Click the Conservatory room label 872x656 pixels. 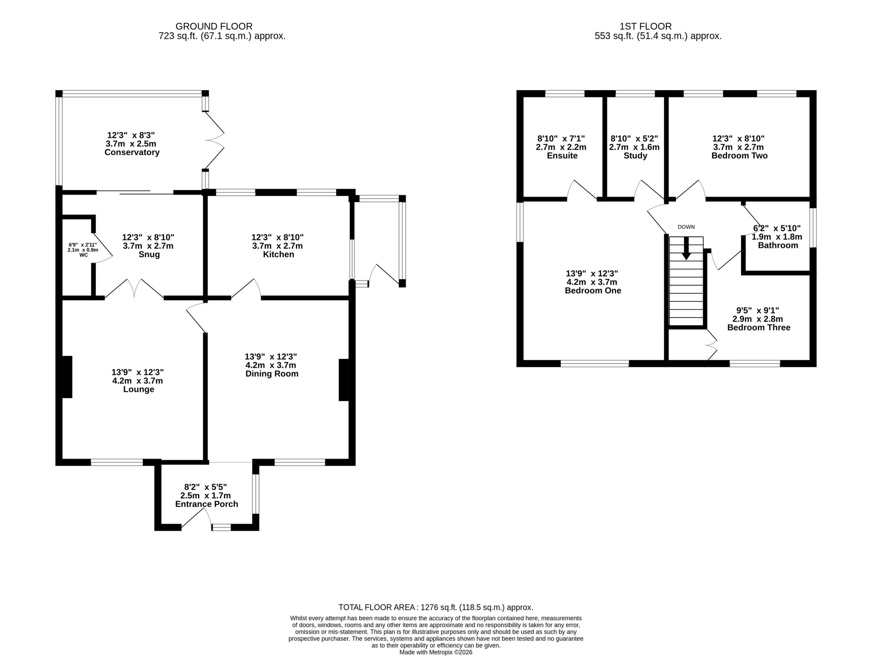[x=132, y=153]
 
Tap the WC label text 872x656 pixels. [x=83, y=255]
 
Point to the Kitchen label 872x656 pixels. [x=278, y=255]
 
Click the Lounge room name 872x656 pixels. [x=138, y=390]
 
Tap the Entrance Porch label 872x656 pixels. [x=206, y=504]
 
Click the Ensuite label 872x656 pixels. [x=562, y=156]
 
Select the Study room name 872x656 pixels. [x=635, y=156]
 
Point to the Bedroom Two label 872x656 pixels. [x=739, y=156]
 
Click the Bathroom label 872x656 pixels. [x=778, y=246]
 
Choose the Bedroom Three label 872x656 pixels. [x=759, y=328]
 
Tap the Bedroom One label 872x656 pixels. [x=593, y=291]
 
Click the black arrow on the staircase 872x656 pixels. [x=686, y=248]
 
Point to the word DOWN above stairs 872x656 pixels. [x=686, y=227]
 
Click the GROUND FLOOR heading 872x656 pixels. [x=214, y=27]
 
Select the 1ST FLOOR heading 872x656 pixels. [x=645, y=27]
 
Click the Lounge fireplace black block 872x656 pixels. [x=67, y=377]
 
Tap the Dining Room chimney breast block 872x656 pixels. [x=344, y=380]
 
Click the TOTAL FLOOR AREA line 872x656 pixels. [x=436, y=608]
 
